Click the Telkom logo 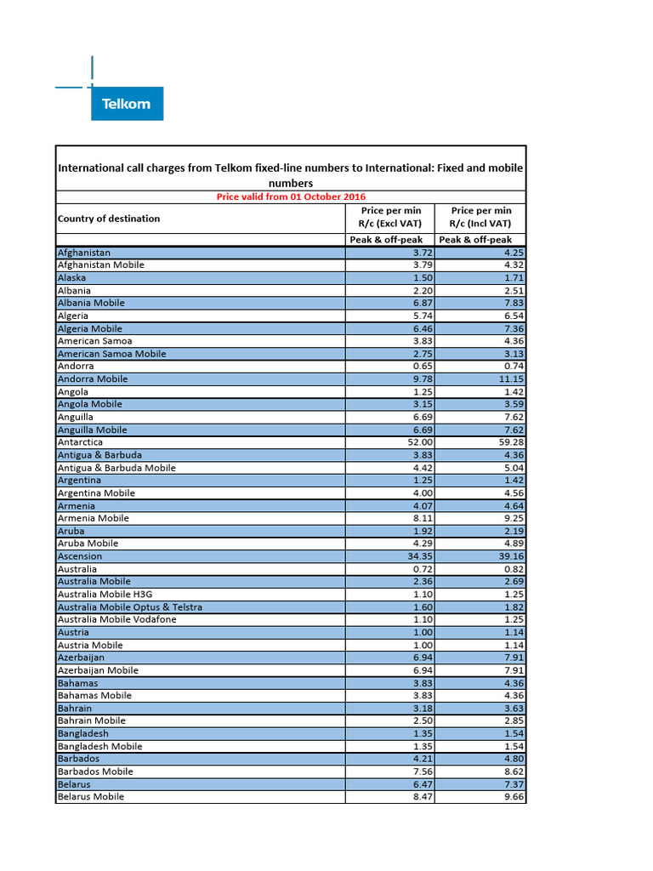point(126,104)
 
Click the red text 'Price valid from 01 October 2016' point(291,196)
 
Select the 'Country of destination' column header point(109,219)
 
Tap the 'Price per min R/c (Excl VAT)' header point(389,217)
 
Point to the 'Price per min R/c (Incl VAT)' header point(480,217)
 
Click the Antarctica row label point(80,442)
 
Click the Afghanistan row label point(83,253)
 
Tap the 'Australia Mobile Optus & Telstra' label point(129,607)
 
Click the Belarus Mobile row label point(90,797)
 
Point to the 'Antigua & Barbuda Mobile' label point(116,468)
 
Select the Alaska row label point(71,278)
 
